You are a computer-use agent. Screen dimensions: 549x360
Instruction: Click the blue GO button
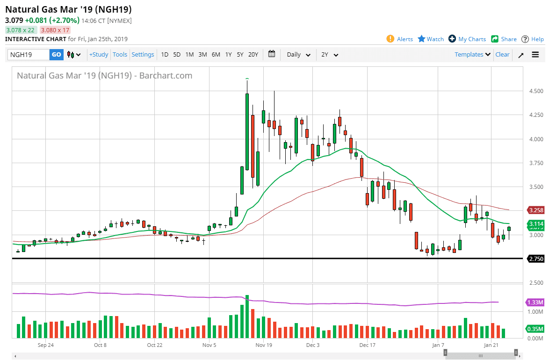click(57, 55)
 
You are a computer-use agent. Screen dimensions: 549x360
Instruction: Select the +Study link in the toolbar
click(99, 55)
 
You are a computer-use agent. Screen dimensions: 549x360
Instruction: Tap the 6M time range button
click(216, 55)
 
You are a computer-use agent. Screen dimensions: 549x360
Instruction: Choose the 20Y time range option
click(253, 55)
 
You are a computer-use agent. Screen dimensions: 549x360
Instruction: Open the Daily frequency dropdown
click(298, 55)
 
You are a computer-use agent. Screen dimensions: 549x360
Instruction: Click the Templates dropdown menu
click(472, 54)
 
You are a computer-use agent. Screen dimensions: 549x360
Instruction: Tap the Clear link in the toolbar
click(502, 54)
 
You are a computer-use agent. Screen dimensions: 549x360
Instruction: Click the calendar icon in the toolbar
click(272, 54)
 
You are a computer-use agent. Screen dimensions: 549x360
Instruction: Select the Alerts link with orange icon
click(399, 39)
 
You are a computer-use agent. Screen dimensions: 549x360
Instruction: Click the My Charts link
click(468, 39)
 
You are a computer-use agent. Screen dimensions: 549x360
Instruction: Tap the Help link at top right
click(533, 39)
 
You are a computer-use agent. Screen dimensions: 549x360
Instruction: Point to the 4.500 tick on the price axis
click(536, 91)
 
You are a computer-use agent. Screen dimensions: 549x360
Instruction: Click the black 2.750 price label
click(536, 259)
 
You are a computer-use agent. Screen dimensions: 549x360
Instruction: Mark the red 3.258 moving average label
click(536, 210)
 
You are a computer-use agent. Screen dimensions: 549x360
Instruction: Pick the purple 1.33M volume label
click(536, 302)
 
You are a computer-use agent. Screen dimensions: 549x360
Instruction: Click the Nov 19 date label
click(264, 345)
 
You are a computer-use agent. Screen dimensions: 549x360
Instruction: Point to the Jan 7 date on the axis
click(438, 345)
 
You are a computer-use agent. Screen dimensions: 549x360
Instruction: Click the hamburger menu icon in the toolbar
click(535, 55)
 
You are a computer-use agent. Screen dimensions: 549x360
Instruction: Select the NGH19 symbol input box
click(29, 55)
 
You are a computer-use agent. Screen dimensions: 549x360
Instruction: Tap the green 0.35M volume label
click(536, 329)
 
